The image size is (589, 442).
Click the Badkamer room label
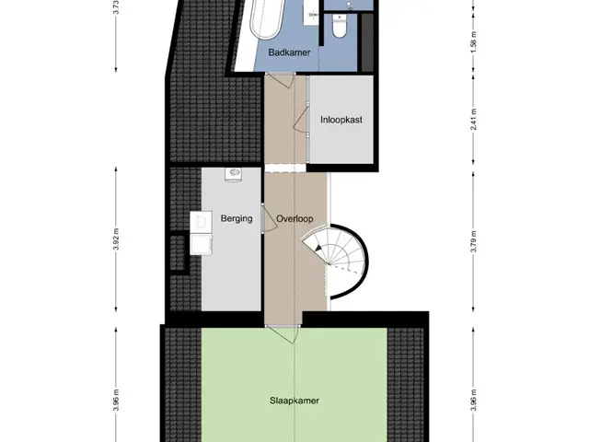click(x=289, y=52)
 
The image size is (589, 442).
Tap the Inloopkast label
click(x=341, y=120)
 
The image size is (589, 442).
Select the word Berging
click(x=237, y=218)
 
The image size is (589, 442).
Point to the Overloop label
click(x=294, y=219)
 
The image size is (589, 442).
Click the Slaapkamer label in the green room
click(x=294, y=401)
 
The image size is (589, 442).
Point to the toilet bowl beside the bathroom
click(x=340, y=27)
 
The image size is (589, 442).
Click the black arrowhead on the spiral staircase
click(x=318, y=248)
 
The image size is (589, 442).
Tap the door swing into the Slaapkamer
click(x=282, y=334)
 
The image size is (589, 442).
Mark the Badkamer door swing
click(x=280, y=80)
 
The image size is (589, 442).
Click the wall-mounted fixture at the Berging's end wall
click(x=233, y=174)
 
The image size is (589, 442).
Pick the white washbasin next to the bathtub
click(x=311, y=12)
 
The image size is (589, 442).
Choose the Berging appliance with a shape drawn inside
click(x=201, y=222)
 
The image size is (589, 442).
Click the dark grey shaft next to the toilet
click(x=367, y=41)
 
